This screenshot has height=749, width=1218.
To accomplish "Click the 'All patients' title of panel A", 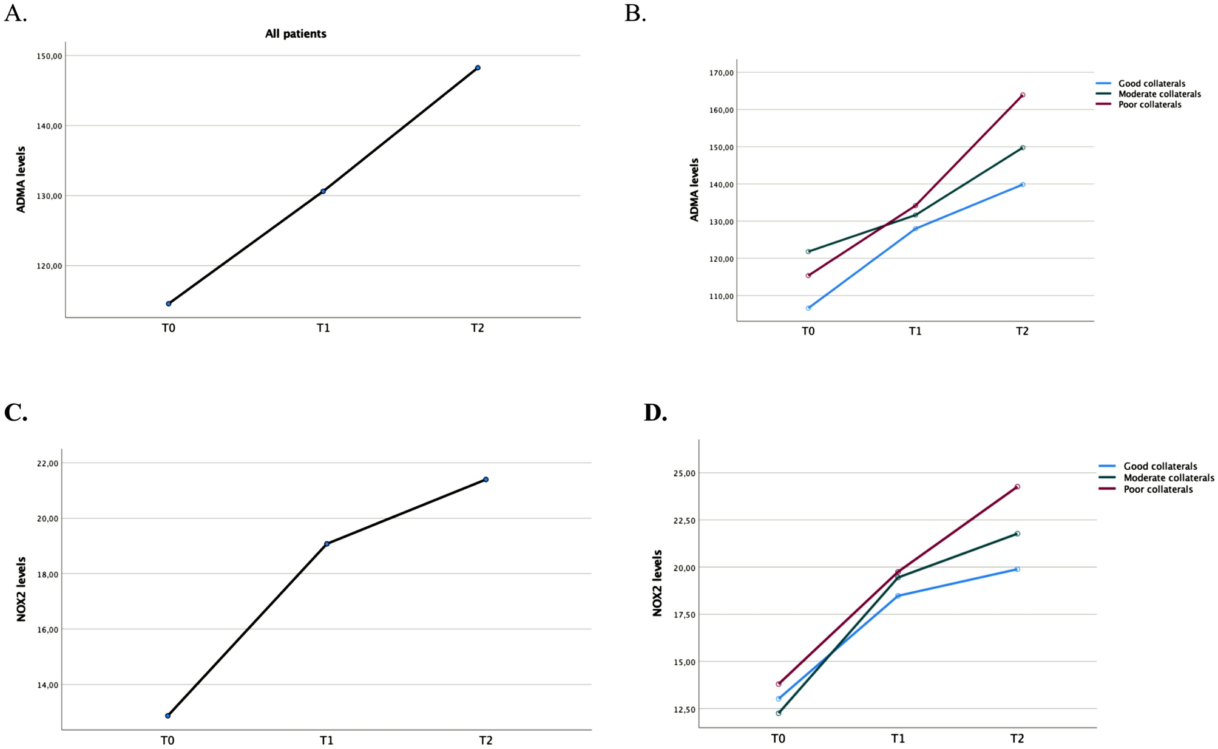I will [x=296, y=34].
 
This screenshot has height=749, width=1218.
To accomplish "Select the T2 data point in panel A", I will [x=478, y=67].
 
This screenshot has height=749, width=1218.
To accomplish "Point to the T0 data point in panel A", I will [x=169, y=303].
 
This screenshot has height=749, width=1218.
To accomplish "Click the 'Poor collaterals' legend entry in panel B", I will [x=1149, y=104].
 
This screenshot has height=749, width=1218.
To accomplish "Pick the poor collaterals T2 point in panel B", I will [x=1023, y=95].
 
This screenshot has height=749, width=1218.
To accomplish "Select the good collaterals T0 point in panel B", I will [x=808, y=308].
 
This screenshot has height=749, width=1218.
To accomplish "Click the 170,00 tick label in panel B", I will [x=721, y=73].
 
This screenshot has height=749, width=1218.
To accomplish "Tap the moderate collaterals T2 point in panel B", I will [x=1023, y=147].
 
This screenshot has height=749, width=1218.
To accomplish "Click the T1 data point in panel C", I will [x=326, y=543].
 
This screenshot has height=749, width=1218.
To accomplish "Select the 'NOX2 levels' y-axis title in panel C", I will [x=21, y=589].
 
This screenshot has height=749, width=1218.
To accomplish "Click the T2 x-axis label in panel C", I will [x=486, y=740].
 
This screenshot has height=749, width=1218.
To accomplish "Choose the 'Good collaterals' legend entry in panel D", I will [x=1160, y=466].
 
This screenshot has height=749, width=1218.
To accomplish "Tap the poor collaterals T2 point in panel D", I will [x=1017, y=486].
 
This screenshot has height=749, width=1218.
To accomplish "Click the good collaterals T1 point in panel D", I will [x=898, y=595].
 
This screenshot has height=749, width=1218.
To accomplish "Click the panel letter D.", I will [x=655, y=413].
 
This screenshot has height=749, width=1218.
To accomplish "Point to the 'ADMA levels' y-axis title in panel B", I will [x=695, y=189].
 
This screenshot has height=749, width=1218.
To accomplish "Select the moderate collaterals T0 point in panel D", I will [x=779, y=713].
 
